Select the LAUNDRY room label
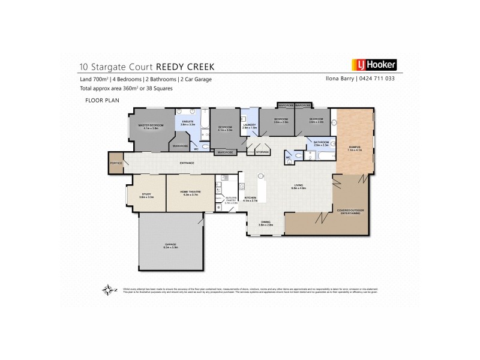click(249, 126)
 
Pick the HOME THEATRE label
click(190, 193)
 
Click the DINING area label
click(266, 222)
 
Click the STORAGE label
click(262, 152)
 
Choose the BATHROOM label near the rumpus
click(316, 142)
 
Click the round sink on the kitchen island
click(261, 176)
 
